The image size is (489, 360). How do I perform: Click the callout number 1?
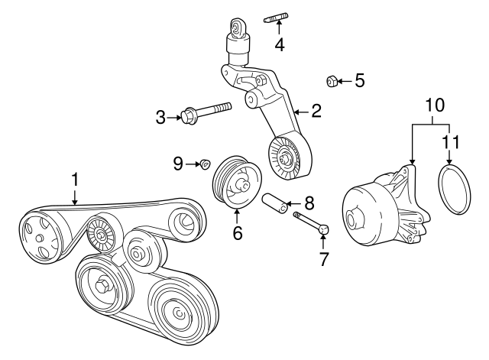coord(76,180)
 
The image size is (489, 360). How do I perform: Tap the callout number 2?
coord(316,112)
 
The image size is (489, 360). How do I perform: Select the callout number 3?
coord(160,117)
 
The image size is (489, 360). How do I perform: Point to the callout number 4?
coord(280,44)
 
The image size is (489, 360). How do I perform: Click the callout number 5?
coord(359,79)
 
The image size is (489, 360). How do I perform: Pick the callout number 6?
coord(238,232)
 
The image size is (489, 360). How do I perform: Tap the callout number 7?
coord(324,258)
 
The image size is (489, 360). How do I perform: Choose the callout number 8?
coord(309,203)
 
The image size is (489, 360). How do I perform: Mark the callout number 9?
coord(178,162)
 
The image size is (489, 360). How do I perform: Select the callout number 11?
coord(452,141)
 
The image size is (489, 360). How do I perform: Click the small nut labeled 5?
coord(332,79)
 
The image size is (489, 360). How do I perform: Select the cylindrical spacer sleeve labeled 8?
coord(277,204)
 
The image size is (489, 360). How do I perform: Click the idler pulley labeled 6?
coord(236,180)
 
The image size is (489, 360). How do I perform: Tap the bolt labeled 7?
coord(311,223)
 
